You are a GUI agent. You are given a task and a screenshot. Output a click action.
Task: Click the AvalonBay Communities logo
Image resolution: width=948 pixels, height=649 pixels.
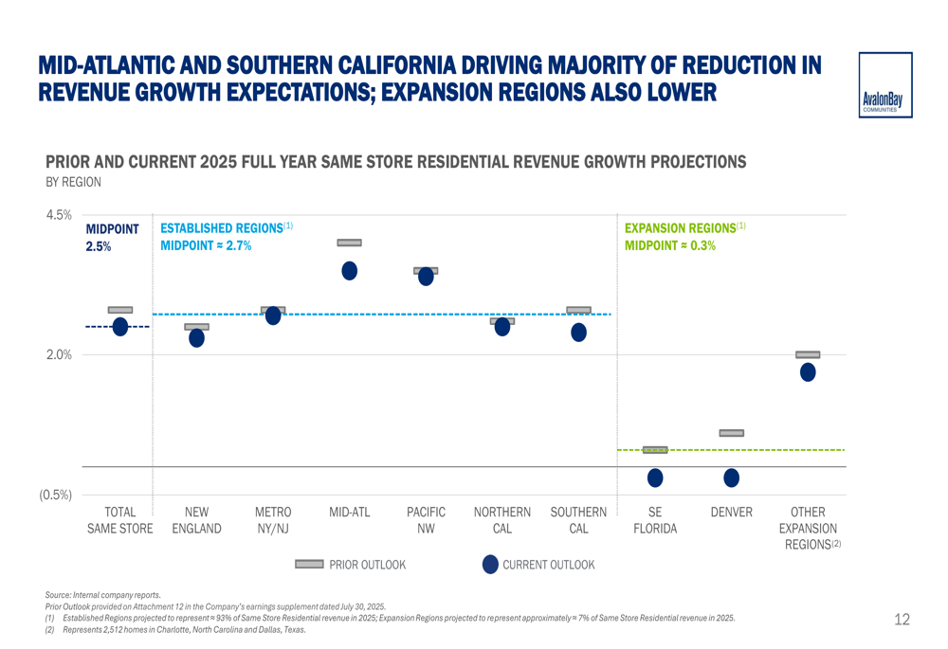(x=885, y=85)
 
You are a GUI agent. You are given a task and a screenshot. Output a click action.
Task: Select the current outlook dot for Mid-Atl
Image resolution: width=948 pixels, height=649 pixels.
(x=349, y=271)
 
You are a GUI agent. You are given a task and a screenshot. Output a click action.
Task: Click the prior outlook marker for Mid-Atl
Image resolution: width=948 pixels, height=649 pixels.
(x=349, y=243)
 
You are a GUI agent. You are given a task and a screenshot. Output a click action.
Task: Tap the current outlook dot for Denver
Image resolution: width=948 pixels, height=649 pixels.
(x=731, y=478)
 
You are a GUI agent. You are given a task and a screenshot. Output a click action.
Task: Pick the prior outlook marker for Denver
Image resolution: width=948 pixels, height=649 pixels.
(x=731, y=433)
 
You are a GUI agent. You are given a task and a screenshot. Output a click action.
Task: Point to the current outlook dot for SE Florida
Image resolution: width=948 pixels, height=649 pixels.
(x=655, y=478)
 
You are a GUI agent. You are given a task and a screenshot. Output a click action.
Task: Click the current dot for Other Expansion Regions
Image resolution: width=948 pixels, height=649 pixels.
(x=808, y=372)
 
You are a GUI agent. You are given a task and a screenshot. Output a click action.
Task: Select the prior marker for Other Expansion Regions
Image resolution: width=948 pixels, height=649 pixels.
(x=808, y=354)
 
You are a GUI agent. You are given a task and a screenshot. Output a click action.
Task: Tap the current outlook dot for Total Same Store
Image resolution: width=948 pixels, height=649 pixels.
(x=120, y=327)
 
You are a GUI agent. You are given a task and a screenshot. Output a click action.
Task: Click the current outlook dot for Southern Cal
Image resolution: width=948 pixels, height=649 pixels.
(x=578, y=333)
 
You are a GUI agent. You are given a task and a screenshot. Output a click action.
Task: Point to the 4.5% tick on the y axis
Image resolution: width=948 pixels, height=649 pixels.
(x=59, y=215)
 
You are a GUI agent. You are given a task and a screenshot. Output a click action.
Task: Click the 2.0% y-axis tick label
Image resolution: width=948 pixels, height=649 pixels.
(x=59, y=355)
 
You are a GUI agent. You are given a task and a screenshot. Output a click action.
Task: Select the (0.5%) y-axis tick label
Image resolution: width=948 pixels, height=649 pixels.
(x=55, y=495)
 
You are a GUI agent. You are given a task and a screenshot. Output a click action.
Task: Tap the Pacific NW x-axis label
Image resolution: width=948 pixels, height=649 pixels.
(x=426, y=520)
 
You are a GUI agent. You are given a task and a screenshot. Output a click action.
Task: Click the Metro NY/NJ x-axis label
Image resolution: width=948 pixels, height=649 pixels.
(x=273, y=520)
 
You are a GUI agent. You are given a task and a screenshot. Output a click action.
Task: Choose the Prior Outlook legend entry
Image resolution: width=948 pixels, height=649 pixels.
(x=351, y=565)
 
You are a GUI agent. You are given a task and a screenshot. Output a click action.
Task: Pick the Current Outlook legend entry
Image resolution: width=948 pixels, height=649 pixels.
(x=538, y=565)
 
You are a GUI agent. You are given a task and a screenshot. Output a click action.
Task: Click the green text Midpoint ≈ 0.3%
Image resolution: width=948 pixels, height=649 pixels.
(x=670, y=245)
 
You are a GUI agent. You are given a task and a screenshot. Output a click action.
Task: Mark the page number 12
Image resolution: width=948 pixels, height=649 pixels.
(x=902, y=620)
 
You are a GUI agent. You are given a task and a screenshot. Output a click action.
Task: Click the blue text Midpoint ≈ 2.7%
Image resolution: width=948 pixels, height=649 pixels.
(x=206, y=245)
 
